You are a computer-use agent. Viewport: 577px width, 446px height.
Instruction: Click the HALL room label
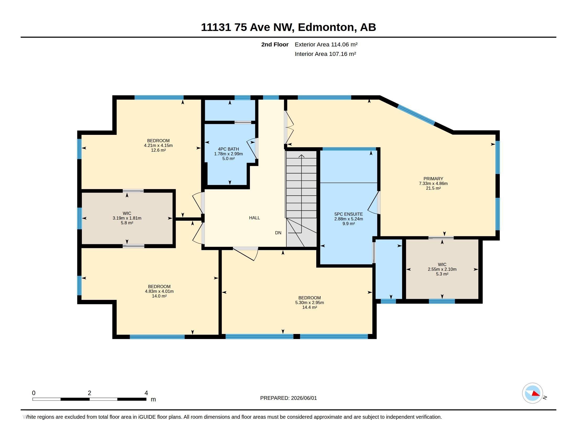pos(254,218)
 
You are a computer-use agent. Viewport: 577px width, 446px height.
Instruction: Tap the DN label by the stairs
pos(278,233)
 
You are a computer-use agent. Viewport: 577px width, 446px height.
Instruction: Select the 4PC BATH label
pos(228,149)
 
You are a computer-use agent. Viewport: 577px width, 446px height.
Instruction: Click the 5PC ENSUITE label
pos(349,214)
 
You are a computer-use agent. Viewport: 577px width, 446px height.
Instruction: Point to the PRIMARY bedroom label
pos(433,179)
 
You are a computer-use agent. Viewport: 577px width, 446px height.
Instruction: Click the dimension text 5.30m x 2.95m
pos(309,302)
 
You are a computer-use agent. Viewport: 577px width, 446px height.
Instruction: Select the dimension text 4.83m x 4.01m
pos(159,291)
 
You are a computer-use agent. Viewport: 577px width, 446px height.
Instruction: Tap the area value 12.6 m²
pos(158,150)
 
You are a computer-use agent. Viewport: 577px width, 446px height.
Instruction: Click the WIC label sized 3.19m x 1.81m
pos(127,213)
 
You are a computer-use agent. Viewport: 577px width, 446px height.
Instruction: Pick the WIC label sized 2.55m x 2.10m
pos(442,264)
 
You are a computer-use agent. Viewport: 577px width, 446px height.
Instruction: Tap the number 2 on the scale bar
pos(89,393)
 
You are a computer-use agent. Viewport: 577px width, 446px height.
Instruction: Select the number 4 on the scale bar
pos(146,393)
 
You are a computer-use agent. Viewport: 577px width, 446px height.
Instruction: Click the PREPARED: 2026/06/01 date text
pos(288,398)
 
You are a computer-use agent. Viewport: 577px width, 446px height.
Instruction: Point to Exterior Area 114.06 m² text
pos(326,44)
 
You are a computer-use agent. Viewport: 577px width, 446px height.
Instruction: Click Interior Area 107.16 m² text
pos(325,54)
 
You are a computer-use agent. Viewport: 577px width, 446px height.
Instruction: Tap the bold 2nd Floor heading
pos(275,44)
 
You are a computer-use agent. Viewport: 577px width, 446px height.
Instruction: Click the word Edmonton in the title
pos(326,27)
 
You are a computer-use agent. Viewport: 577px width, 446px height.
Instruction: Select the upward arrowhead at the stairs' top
pos(301,156)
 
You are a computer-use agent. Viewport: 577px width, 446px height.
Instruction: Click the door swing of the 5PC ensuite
pos(373,203)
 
